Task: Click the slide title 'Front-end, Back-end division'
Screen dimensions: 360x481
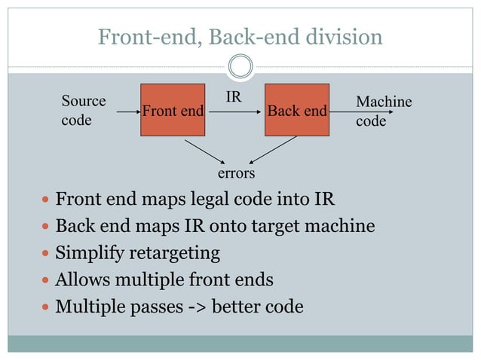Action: click(240, 35)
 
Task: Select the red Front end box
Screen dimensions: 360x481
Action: click(173, 110)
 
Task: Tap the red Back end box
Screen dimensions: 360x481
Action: click(297, 110)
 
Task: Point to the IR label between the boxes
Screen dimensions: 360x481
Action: click(234, 97)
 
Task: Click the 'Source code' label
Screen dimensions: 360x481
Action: click(83, 110)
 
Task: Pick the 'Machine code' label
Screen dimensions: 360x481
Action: click(383, 111)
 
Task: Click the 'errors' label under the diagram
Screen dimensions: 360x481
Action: click(236, 173)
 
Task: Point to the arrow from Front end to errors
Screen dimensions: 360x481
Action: click(204, 150)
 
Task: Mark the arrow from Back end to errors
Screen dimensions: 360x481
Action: click(273, 150)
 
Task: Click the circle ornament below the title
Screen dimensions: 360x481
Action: click(240, 66)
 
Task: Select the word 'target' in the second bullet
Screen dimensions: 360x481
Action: click(274, 226)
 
